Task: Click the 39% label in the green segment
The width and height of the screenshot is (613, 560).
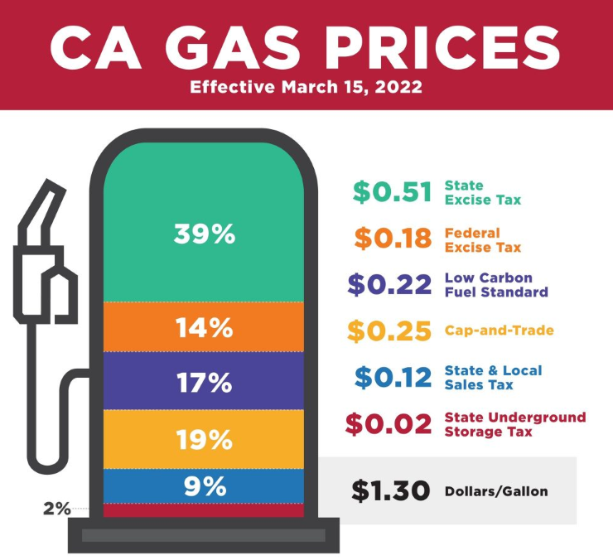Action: tap(205, 234)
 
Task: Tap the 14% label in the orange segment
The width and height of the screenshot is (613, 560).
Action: tap(205, 328)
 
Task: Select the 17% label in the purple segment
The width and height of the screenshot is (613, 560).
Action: tap(205, 383)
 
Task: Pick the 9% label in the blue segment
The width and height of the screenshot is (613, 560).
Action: tap(205, 486)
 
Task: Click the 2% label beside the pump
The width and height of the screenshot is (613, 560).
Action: tap(57, 509)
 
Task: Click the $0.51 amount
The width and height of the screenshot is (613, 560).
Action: tap(392, 192)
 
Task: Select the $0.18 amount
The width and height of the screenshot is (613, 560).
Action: tap(393, 239)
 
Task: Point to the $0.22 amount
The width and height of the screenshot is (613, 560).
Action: tap(389, 285)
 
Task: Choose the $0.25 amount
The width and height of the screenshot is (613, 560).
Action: tap(389, 331)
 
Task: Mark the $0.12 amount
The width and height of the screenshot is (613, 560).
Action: tap(393, 378)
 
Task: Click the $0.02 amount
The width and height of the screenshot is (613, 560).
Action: tap(389, 424)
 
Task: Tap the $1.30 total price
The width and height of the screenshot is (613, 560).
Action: tap(390, 490)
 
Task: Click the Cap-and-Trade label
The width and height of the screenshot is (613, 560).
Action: tap(499, 331)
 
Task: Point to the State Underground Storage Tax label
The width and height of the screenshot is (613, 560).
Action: tap(514, 424)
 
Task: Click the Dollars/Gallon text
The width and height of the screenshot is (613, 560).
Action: tap(496, 491)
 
